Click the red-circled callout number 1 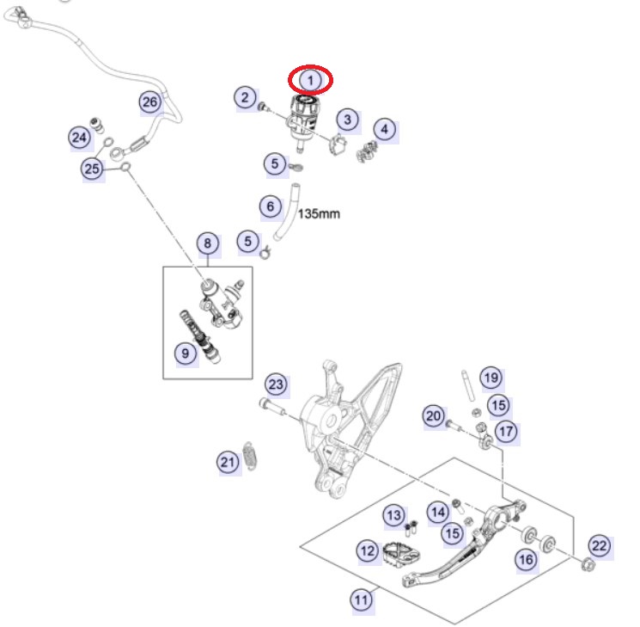(x=311, y=80)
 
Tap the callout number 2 (x=245, y=97)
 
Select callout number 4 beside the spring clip (x=385, y=131)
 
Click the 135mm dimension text (x=318, y=213)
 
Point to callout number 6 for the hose (x=271, y=206)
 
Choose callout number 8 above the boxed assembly (x=207, y=244)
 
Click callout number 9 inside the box (x=184, y=353)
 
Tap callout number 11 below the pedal (x=362, y=599)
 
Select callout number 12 (x=368, y=550)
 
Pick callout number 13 (x=393, y=515)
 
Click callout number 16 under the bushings (x=525, y=560)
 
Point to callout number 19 (x=490, y=377)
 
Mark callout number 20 (x=433, y=417)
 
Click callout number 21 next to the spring (x=227, y=463)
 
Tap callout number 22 (x=598, y=544)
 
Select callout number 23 (x=276, y=384)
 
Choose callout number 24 (x=79, y=137)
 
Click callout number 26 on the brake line (x=150, y=103)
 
